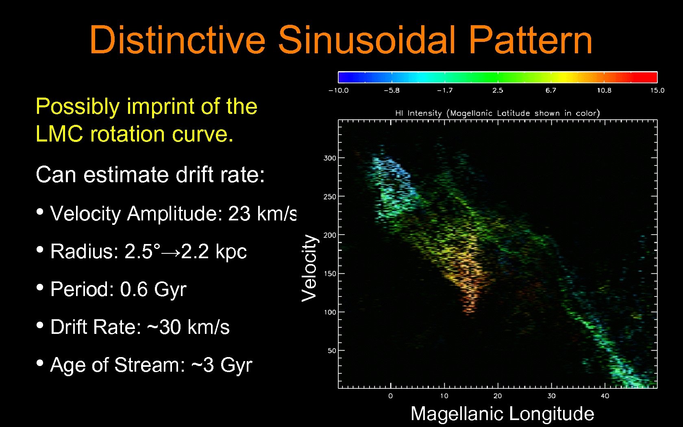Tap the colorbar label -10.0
(x=339, y=90)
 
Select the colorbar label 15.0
(x=657, y=90)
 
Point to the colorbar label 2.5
(x=498, y=90)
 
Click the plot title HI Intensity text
(x=418, y=113)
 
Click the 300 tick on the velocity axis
(x=330, y=158)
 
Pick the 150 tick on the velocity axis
(x=330, y=274)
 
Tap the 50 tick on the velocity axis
(x=332, y=351)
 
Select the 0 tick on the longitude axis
(x=390, y=396)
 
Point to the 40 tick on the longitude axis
(x=605, y=396)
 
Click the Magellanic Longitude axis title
(x=502, y=414)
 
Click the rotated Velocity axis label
(x=309, y=268)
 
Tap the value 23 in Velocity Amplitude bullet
(x=239, y=213)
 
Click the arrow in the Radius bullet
(x=171, y=252)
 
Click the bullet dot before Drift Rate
(x=40, y=325)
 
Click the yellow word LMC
(x=60, y=134)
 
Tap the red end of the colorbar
(x=648, y=77)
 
